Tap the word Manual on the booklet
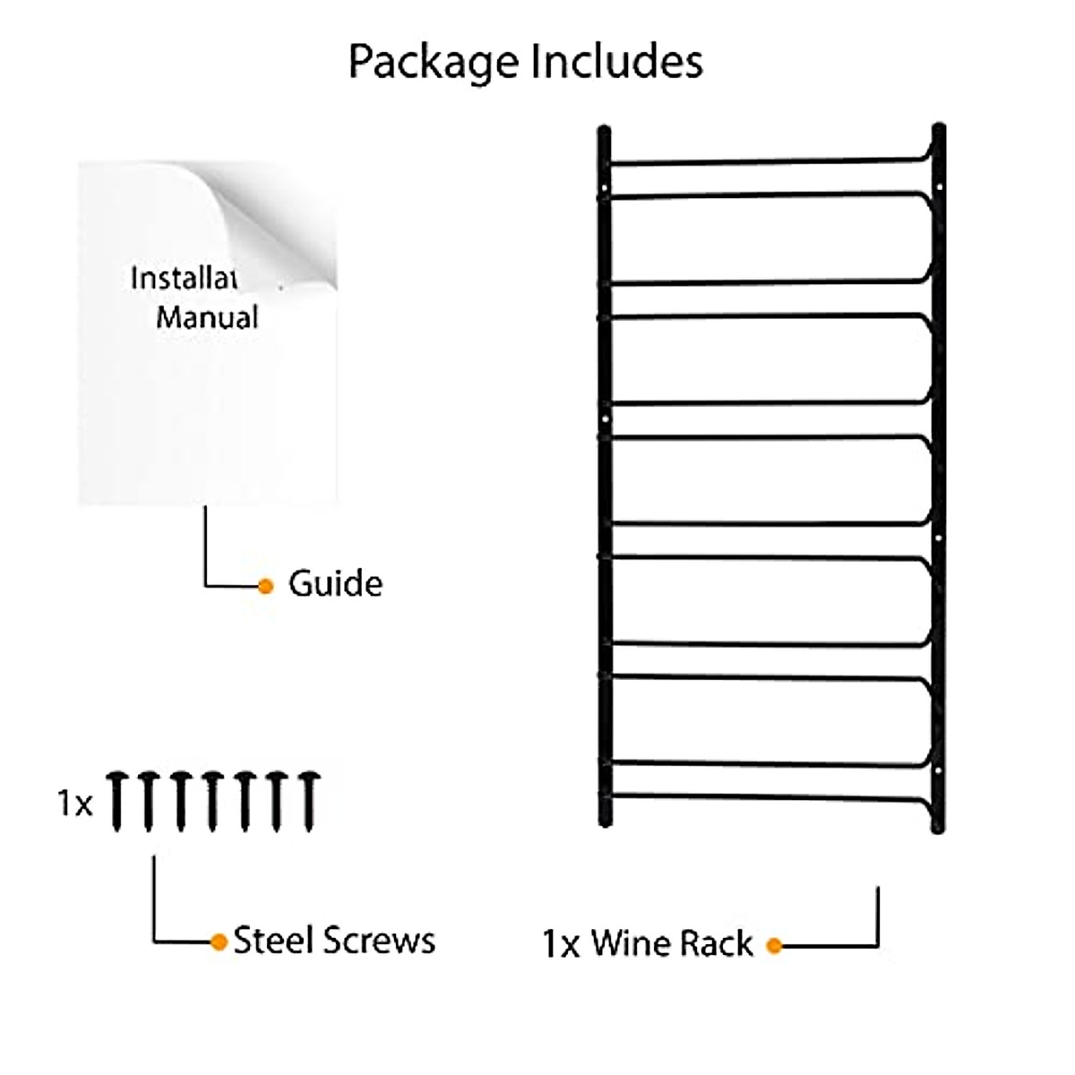207,317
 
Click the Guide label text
335,583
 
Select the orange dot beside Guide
265,586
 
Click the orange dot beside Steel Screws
219,942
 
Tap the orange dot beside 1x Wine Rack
775,945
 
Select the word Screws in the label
379,940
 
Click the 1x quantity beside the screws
75,804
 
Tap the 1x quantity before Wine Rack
561,944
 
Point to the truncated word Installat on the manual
184,278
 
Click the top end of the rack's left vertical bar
605,134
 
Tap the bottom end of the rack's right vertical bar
938,826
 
